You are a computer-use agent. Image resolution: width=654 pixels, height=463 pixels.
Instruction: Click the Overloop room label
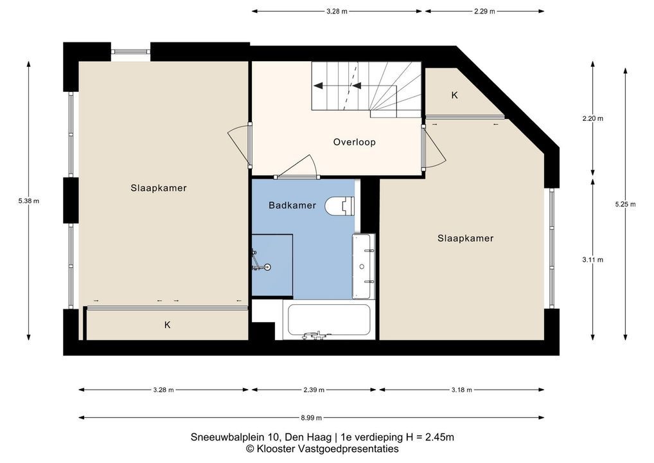pos(354,142)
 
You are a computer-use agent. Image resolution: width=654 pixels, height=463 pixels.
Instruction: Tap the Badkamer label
pos(292,205)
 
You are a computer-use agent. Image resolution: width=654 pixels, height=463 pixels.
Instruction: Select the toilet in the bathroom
pos(339,206)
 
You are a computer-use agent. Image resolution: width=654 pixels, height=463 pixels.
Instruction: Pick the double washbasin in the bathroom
pos(363,266)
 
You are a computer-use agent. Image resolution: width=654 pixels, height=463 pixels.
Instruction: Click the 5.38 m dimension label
pos(29,201)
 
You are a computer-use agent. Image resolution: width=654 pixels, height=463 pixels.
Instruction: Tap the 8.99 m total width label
pos(311,417)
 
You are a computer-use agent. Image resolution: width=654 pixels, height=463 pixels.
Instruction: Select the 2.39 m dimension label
pos(314,390)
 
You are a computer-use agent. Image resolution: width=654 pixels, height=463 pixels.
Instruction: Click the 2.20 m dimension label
pos(593,118)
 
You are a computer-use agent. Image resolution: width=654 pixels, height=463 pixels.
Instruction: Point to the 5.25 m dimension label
pos(625,204)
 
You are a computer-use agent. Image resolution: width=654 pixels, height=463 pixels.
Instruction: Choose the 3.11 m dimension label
pos(593,260)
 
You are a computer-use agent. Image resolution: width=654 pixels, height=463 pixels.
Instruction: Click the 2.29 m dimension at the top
pos(484,12)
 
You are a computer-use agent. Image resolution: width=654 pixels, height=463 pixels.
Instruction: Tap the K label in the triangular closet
pos(455,95)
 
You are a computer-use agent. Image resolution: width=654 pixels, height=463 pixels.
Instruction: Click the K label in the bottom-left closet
pos(167,325)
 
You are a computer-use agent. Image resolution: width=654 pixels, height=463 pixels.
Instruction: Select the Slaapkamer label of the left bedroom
pos(159,188)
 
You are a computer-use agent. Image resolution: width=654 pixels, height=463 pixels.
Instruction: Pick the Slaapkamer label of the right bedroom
pos(466,239)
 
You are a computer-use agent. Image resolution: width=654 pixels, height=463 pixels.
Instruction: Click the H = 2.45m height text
pos(430,437)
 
